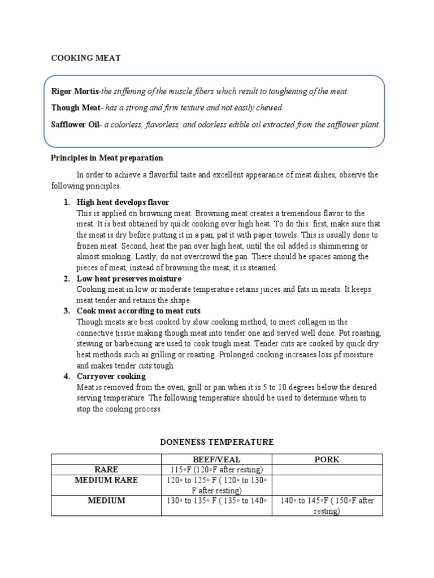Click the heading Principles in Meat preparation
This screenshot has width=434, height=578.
107,158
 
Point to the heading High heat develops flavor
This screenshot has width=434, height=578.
123,202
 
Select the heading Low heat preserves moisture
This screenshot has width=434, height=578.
129,279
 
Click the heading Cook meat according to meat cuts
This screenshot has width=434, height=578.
138,311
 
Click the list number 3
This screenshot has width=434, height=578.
66,311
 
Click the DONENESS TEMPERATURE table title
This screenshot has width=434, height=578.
217,442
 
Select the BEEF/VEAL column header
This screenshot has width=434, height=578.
217,459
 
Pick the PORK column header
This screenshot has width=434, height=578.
327,459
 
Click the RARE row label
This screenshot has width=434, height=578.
107,470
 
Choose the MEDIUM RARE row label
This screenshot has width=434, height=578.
107,480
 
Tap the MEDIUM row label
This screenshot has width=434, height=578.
107,501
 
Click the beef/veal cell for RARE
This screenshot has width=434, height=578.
217,470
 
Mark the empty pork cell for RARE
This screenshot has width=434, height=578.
327,470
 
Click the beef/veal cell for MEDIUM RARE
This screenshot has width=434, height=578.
217,485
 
